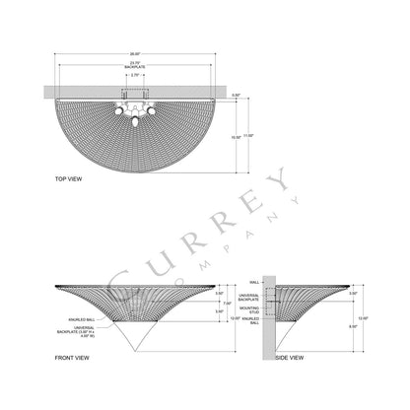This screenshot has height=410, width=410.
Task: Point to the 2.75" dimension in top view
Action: point(135,75)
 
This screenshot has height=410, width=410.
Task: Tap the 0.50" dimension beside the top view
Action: point(237,96)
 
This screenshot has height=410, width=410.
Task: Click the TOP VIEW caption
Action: point(40,179)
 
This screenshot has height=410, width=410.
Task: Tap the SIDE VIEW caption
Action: point(290,358)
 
